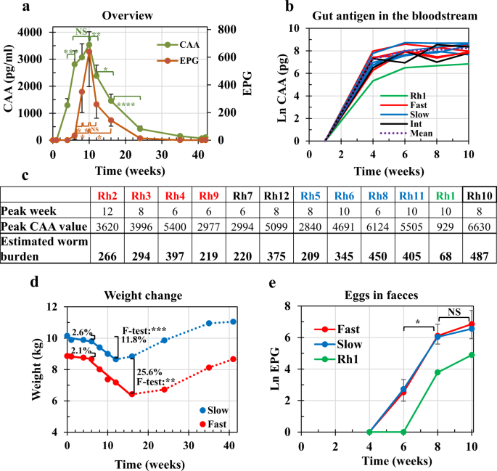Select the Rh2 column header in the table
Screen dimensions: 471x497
(x=110, y=194)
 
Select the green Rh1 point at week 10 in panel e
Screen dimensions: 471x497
(x=472, y=355)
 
